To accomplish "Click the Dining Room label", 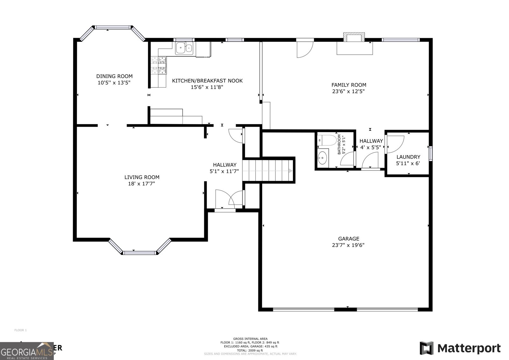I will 114,76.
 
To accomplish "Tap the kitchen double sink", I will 184,48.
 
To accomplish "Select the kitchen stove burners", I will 159,65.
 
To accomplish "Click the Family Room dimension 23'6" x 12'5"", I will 349,91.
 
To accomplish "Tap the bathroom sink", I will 323,157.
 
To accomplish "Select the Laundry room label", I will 408,157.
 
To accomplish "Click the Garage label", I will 348,238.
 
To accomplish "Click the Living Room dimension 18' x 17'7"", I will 142,184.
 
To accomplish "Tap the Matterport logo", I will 460,348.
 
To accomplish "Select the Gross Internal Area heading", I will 250,339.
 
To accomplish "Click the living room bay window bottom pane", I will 140,253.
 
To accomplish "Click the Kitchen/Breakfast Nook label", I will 207,81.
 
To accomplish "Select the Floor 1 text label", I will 20,330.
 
